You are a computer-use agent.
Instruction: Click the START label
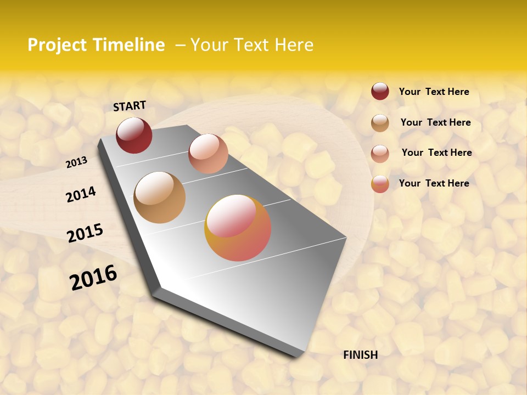point(130,106)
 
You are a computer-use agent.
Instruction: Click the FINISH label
point(360,355)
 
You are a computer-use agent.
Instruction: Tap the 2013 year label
point(76,162)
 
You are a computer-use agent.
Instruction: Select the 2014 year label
point(81,194)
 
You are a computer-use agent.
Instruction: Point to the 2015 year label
point(85,233)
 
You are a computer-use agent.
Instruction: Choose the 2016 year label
point(93,278)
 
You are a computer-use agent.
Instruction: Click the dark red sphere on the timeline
point(134,135)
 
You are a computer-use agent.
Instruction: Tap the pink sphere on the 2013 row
point(208,154)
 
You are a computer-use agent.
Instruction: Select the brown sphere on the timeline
point(160,198)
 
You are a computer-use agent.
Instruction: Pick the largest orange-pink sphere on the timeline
point(238,228)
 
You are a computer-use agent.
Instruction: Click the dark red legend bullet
point(380,92)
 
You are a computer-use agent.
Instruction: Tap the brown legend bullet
point(380,123)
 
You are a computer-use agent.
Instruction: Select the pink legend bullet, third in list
point(380,154)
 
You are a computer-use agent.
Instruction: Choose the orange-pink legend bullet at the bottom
point(380,184)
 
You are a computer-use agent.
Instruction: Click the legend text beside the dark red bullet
point(434,92)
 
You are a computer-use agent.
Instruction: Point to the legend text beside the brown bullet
point(435,122)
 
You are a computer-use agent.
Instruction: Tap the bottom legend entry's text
point(434,183)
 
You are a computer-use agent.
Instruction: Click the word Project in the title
point(58,45)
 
